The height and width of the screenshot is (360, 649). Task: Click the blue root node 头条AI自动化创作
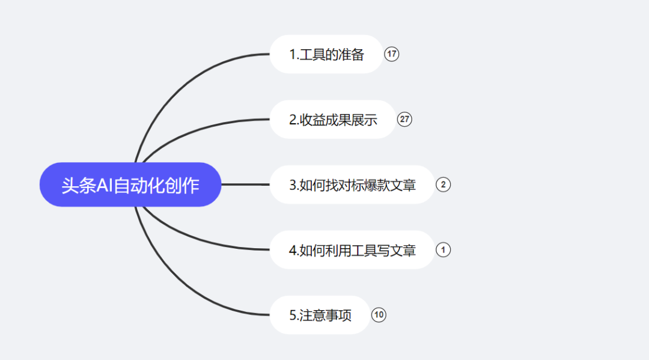click(130, 185)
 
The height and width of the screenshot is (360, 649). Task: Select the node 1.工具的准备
click(326, 54)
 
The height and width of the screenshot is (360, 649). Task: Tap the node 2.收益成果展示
click(333, 120)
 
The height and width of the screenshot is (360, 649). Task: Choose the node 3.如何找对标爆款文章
click(352, 185)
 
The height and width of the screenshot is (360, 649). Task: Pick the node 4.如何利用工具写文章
click(352, 250)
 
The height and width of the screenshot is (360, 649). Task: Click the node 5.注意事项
click(320, 315)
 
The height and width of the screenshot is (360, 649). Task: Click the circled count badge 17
click(392, 54)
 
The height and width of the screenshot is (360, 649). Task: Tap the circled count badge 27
click(404, 120)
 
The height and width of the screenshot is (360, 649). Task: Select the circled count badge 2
click(443, 185)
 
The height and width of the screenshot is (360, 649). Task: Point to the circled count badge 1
click(443, 250)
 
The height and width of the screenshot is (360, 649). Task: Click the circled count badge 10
click(379, 315)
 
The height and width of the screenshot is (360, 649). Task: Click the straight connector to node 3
click(245, 185)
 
